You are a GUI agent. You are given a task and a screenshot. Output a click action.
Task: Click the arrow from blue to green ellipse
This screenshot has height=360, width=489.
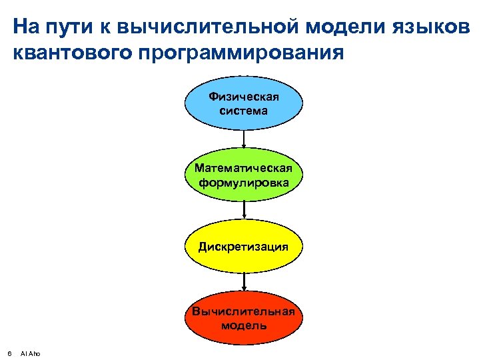pyautogui.click(x=244, y=139)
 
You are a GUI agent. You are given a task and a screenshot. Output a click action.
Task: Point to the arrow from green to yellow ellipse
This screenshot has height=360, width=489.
pyautogui.click(x=244, y=210)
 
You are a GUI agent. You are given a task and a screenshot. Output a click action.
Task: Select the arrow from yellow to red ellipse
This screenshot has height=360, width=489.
pyautogui.click(x=244, y=281)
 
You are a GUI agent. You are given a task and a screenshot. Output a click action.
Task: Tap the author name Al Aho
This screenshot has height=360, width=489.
pyautogui.click(x=31, y=353)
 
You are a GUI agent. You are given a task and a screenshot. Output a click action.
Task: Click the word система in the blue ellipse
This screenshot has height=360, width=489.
pyautogui.click(x=244, y=111)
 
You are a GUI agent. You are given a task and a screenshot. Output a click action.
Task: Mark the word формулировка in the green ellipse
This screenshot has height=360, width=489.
pyautogui.click(x=244, y=182)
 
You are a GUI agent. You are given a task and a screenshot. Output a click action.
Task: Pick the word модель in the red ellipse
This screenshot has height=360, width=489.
pyautogui.click(x=244, y=325)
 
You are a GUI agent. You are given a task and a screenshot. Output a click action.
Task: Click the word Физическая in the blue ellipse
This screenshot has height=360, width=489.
pyautogui.click(x=244, y=97)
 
